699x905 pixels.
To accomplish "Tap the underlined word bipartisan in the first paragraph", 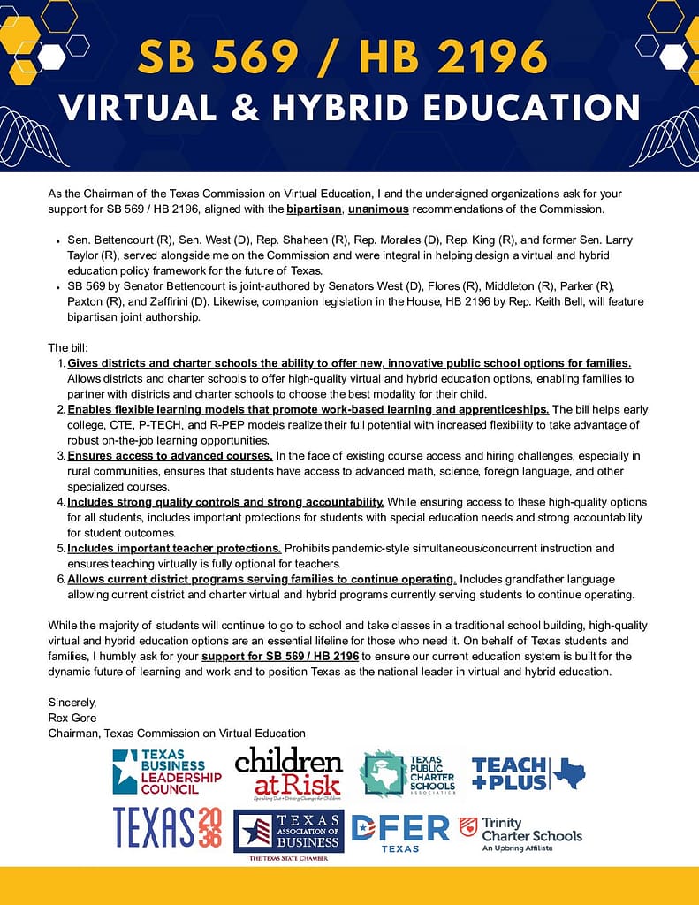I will click(x=314, y=209).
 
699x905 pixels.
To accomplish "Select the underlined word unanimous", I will click(x=378, y=209).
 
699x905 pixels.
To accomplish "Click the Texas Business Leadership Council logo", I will click(x=166, y=772).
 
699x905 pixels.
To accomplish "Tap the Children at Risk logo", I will click(x=288, y=772).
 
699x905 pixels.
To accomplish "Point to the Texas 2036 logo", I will click(x=168, y=827).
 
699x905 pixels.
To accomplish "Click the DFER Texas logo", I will click(x=400, y=832).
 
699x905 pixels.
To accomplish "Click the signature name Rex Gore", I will click(x=72, y=718).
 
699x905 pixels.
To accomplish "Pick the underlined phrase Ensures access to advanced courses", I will click(x=170, y=455).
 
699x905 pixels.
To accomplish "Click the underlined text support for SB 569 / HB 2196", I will click(x=280, y=657).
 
